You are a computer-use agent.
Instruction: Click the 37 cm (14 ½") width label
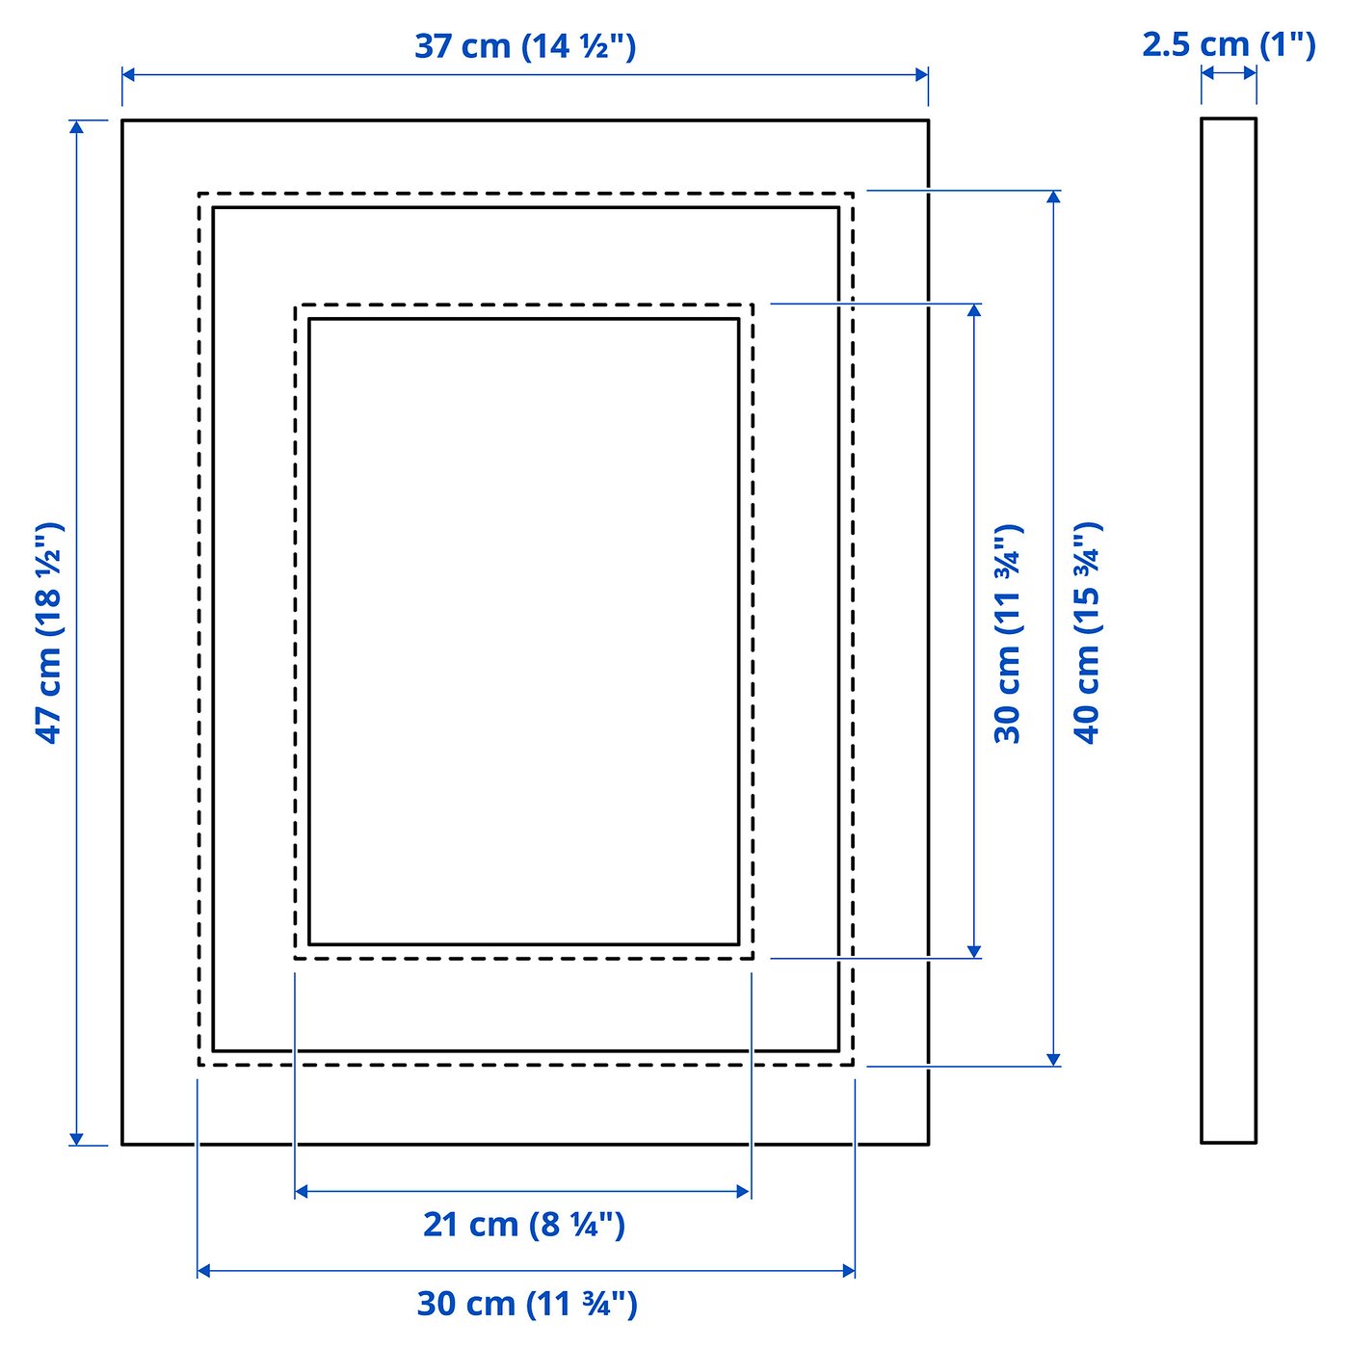[x=525, y=45]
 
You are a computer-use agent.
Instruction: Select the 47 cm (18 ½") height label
[x=49, y=633]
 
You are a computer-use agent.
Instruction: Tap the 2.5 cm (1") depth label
[x=1229, y=44]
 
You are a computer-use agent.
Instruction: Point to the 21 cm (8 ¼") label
[x=524, y=1224]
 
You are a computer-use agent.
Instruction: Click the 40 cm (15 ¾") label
[x=1087, y=633]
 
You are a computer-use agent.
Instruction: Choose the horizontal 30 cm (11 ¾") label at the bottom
[x=527, y=1304]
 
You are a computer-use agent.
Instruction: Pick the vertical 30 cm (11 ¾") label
[x=1008, y=633]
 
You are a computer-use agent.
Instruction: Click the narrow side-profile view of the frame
[x=1229, y=631]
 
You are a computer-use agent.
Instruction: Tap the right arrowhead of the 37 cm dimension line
[x=922, y=74]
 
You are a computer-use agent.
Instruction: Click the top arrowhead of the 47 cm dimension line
[x=76, y=126]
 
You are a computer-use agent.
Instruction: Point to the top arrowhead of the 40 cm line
[x=1054, y=197]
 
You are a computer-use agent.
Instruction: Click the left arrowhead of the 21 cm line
[x=301, y=1192]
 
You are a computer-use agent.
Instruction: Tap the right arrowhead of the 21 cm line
[x=744, y=1192]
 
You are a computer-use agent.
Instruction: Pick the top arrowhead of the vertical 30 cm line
[x=974, y=309]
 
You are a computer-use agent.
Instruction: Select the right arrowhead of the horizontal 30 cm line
[x=849, y=1271]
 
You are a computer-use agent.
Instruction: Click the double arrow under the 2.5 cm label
[x=1229, y=72]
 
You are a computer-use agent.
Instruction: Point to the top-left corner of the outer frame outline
[x=122, y=120]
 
